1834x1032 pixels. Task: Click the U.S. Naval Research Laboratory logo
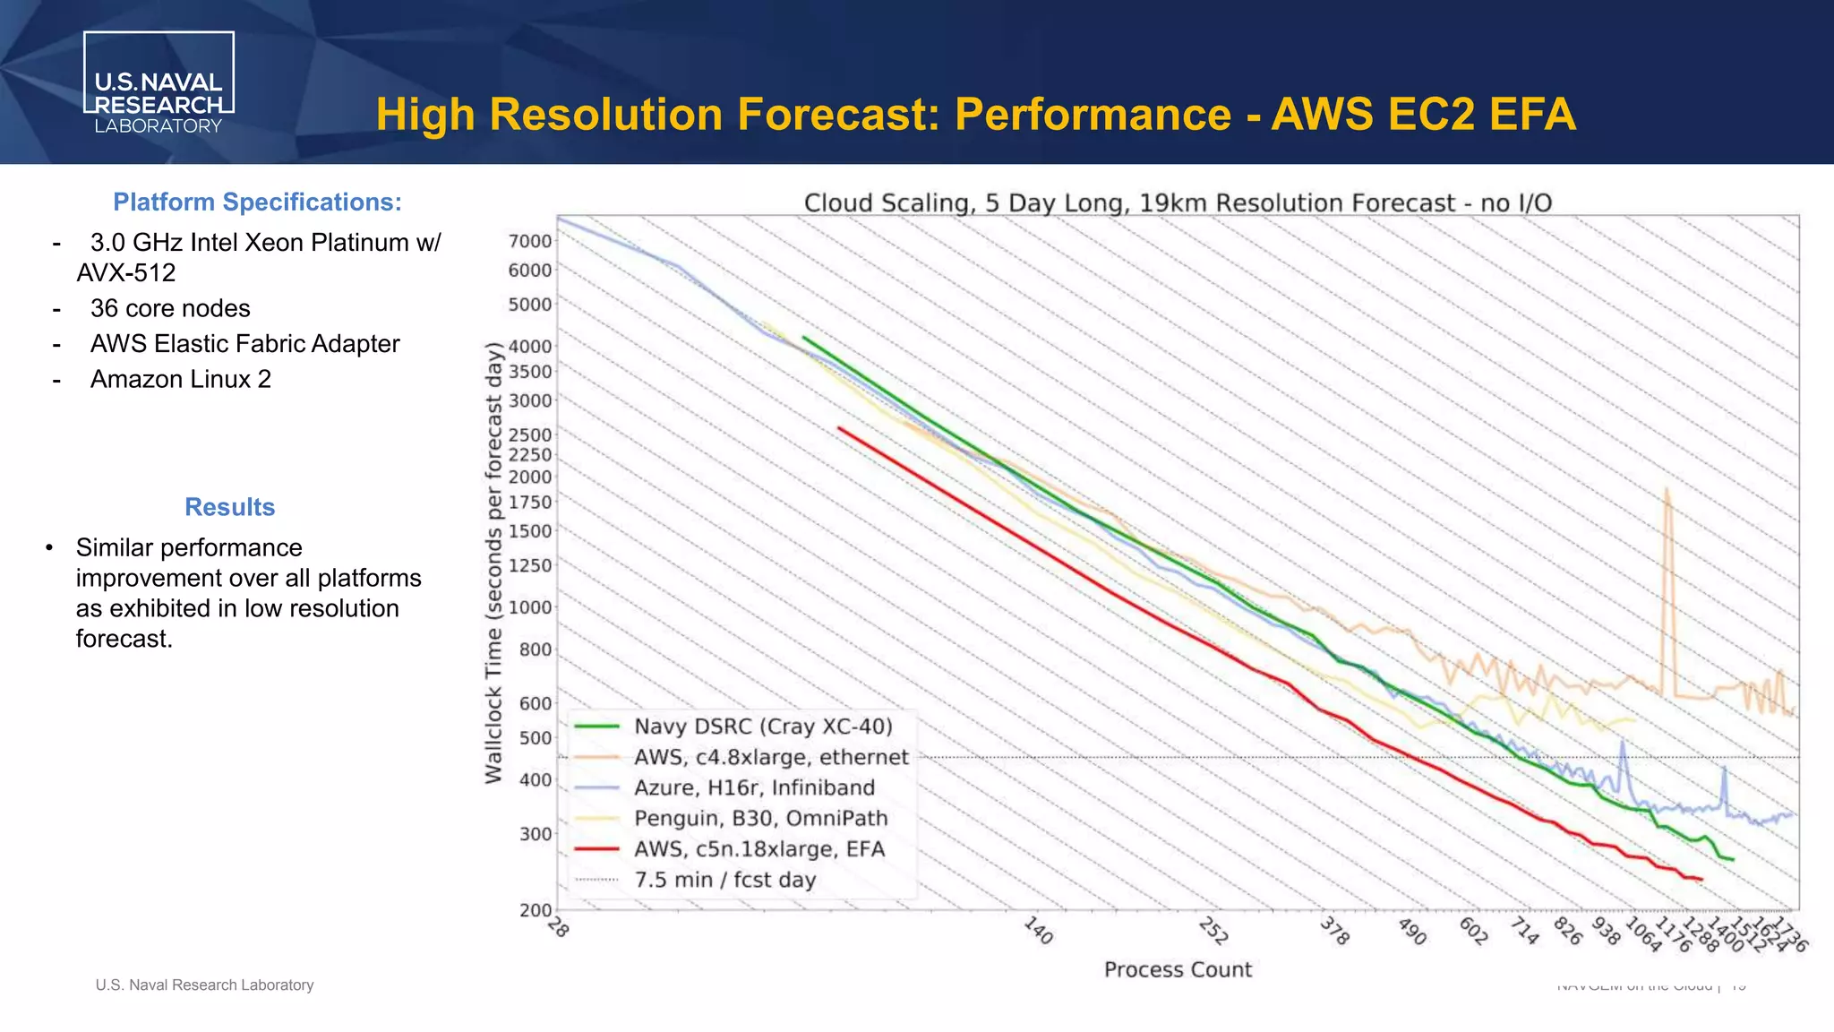tap(159, 84)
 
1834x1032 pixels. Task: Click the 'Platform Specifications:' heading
tap(257, 202)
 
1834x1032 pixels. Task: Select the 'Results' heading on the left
tap(229, 507)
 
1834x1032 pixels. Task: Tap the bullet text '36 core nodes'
tap(170, 308)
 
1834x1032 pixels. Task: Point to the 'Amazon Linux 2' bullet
tap(180, 380)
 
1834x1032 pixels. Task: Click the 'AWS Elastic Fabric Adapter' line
tap(244, 344)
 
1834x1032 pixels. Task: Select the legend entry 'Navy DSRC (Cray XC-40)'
tap(763, 727)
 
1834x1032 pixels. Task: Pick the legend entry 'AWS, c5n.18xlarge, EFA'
tap(759, 849)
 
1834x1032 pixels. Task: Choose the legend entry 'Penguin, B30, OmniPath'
tap(760, 819)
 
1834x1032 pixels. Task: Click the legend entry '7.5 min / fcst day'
tap(724, 880)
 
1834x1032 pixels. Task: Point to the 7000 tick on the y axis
tap(530, 241)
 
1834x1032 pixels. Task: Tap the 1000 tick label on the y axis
tap(530, 607)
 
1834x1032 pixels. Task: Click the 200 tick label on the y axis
tap(536, 910)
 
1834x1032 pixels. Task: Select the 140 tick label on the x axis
tap(1037, 931)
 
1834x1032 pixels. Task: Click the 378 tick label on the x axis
tap(1334, 932)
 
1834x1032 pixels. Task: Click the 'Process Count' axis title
tap(1178, 969)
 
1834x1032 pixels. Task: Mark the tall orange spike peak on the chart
tap(1667, 490)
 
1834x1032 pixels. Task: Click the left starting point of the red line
tap(839, 428)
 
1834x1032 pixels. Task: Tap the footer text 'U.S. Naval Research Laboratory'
tap(204, 985)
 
